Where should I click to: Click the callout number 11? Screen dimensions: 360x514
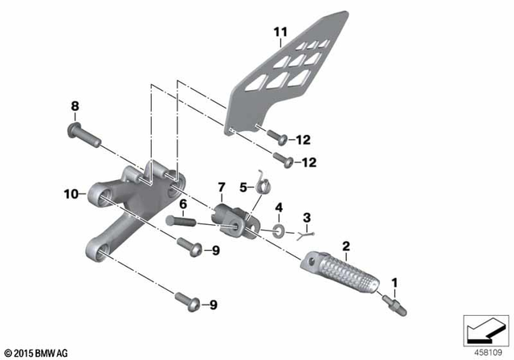pos(279,33)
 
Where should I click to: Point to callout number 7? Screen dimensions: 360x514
pos(222,187)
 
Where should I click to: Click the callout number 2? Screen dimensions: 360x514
pos(346,245)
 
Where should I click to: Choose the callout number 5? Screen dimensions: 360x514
pos(243,187)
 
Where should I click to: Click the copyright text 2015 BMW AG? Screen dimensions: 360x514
pos(36,353)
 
